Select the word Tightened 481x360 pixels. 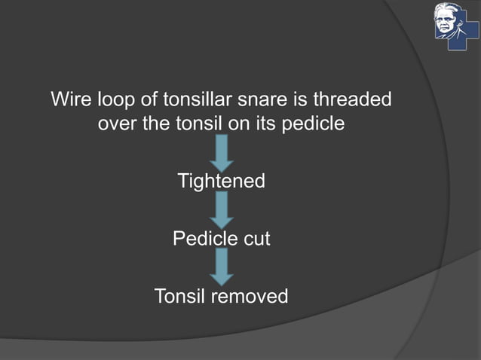221,182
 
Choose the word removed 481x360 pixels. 249,297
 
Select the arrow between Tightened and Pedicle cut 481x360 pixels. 222,210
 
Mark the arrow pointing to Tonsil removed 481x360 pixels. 222,267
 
